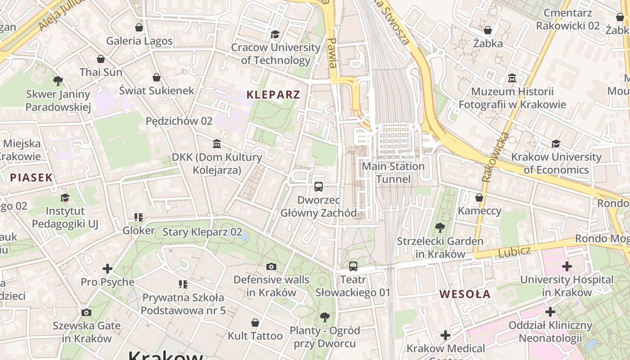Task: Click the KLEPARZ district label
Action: click(273, 95)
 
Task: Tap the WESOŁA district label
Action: click(465, 294)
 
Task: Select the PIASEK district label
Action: click(31, 177)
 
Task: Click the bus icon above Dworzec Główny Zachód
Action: click(319, 186)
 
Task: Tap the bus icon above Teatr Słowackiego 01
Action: click(353, 266)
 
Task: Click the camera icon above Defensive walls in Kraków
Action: click(271, 267)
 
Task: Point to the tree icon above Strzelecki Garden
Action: click(440, 228)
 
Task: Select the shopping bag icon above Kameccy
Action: click(479, 198)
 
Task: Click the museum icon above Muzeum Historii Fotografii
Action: click(512, 78)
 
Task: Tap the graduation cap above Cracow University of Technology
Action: click(275, 34)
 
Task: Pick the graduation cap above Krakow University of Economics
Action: click(556, 144)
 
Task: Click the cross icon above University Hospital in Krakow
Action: click(567, 266)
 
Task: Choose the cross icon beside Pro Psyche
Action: click(107, 269)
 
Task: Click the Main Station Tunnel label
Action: click(393, 173)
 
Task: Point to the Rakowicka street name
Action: click(495, 157)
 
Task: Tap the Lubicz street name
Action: click(514, 252)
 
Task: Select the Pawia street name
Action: click(332, 52)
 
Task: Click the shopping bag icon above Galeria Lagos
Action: click(139, 27)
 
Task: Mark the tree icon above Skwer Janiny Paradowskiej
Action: click(58, 81)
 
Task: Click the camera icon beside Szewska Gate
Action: click(86, 312)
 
